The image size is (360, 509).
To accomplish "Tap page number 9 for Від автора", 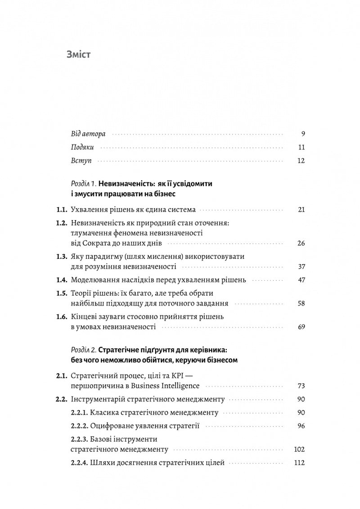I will [303, 134].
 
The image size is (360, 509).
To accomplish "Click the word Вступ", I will [81, 161].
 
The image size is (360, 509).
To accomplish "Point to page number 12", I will [301, 161].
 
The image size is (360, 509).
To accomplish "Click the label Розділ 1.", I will [83, 184].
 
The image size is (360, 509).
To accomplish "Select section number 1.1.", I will [61, 210].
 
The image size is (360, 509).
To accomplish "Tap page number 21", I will [301, 210].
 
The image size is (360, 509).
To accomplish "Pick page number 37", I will [301, 267].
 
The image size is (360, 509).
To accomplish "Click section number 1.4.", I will [61, 280].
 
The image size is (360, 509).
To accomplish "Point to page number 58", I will [301, 303].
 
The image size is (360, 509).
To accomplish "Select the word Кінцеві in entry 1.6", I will [85, 317].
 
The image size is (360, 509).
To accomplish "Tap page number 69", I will [301, 327].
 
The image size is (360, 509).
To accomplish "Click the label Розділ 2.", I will [84, 350].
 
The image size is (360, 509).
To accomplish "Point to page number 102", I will [299, 449].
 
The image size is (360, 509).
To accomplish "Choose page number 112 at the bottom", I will [299, 463].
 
